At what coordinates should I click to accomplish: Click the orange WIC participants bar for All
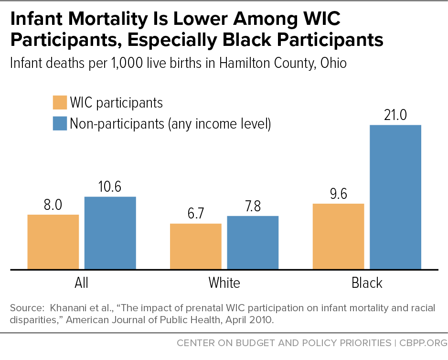(53, 242)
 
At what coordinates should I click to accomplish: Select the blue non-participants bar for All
(110, 233)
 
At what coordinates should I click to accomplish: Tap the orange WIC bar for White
(196, 247)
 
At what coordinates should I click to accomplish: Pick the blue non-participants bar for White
(253, 242)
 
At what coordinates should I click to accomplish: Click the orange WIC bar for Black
(339, 237)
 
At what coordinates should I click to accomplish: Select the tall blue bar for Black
(395, 197)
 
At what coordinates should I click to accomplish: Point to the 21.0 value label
(395, 115)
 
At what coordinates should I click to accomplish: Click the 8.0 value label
(53, 205)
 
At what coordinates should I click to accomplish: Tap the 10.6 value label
(110, 186)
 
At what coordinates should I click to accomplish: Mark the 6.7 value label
(196, 213)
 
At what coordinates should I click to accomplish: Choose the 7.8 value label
(253, 206)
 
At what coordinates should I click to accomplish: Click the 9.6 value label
(339, 194)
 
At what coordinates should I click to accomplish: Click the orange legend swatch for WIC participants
(60, 102)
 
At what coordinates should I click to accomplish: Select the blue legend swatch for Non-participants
(60, 123)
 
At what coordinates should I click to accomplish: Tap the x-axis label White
(224, 283)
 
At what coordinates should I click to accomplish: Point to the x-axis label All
(81, 283)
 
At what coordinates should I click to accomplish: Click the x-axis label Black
(367, 283)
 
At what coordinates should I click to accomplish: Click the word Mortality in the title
(108, 20)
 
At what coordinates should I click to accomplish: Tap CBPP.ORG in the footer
(423, 343)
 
